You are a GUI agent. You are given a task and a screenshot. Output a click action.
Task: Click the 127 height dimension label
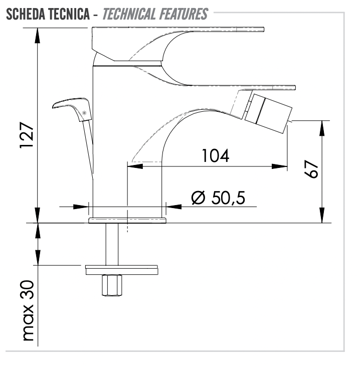click(27, 134)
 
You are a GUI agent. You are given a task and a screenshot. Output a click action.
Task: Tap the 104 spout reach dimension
click(215, 155)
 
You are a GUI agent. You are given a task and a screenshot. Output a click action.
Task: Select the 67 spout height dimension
click(311, 169)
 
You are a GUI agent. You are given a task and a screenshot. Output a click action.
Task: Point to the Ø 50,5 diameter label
click(218, 198)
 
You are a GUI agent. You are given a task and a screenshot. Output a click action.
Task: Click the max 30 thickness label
click(28, 310)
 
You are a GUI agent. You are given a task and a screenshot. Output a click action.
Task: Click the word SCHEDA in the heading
click(26, 14)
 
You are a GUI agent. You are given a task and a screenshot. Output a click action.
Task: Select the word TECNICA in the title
click(70, 14)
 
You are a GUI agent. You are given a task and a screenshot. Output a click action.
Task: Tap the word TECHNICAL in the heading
click(129, 14)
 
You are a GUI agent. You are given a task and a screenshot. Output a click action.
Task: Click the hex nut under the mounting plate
click(112, 285)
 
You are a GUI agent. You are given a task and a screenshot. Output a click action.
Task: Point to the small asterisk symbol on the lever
click(84, 113)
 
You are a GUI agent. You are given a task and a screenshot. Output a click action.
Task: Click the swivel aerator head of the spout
click(268, 113)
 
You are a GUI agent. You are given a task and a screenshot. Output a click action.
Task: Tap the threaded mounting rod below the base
click(112, 244)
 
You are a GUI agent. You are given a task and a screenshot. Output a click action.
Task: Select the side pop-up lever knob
click(72, 109)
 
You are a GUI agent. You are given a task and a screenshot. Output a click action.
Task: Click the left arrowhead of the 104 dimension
click(135, 166)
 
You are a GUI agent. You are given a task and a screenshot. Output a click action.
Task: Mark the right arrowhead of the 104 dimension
click(279, 166)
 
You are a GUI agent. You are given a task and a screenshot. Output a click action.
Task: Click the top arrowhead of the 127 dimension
click(37, 36)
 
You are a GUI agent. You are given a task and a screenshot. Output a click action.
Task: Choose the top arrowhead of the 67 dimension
click(322, 128)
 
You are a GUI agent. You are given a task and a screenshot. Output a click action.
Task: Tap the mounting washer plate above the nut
click(122, 270)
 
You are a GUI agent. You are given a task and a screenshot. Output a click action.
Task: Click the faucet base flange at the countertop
click(127, 220)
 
